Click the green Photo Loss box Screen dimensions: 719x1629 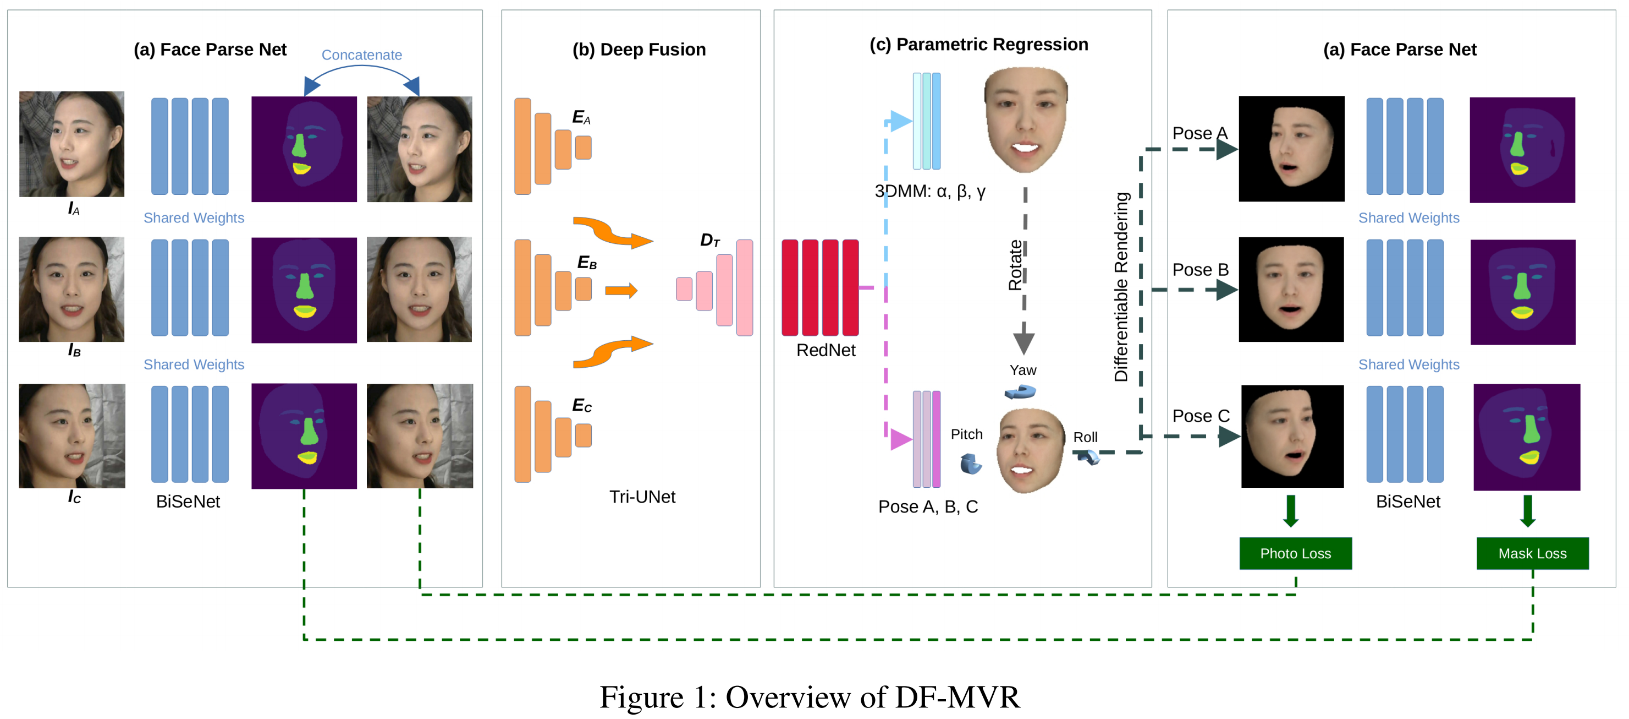pos(1295,553)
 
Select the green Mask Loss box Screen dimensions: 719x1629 pos(1532,553)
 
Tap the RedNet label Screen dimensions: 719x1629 pos(825,350)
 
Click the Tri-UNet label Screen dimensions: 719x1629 pos(642,497)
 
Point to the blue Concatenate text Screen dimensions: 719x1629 pos(362,55)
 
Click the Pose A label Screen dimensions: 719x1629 pos(1199,134)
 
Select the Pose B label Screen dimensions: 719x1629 pos(1200,270)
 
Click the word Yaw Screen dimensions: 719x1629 pos(1022,371)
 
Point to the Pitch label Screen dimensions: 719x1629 pos(966,434)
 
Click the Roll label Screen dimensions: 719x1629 pos(1085,437)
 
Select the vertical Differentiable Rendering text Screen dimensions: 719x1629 pos(1121,287)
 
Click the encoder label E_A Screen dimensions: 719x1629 pos(581,117)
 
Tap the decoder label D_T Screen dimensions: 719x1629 pos(709,240)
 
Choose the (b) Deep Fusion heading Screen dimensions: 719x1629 pos(639,50)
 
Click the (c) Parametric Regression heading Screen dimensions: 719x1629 pos(978,44)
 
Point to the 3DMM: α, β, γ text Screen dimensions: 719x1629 pos(929,191)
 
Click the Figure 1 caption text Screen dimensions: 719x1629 pos(810,697)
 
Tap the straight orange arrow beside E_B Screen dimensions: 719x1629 pos(621,291)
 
